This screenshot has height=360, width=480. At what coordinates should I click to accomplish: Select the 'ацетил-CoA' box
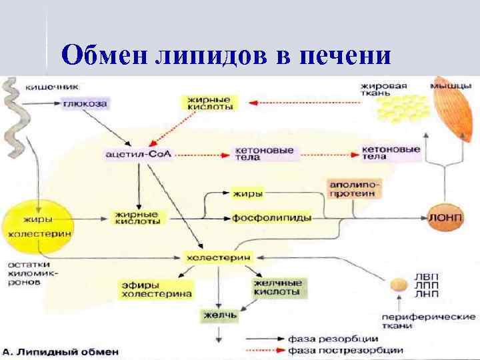tap(138, 154)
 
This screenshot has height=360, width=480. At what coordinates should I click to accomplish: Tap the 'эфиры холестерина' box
tap(156, 289)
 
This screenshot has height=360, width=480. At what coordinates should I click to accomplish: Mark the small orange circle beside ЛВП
tap(399, 285)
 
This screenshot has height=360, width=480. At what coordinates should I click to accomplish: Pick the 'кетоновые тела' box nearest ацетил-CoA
tap(263, 153)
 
